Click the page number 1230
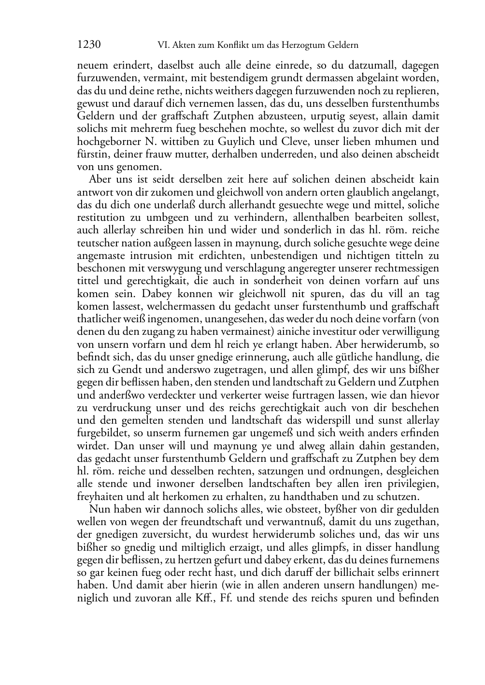point(89,45)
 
